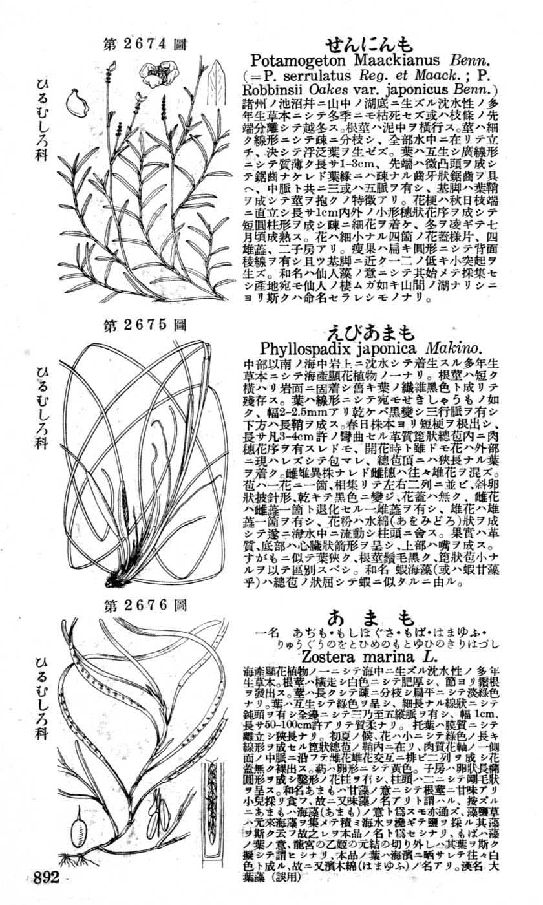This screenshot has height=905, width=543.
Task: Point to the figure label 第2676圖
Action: pyautogui.click(x=145, y=606)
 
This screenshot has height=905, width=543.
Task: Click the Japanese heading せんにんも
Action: pyautogui.click(x=368, y=45)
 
